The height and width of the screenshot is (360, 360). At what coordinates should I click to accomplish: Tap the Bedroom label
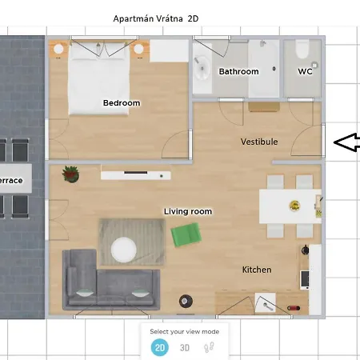tap(122, 103)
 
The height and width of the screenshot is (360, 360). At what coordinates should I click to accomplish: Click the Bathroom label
tap(239, 71)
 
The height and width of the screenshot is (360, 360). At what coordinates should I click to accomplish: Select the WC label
tap(305, 71)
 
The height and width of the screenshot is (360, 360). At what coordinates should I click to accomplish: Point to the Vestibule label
tap(259, 142)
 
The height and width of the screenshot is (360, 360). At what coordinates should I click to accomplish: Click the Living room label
tap(188, 211)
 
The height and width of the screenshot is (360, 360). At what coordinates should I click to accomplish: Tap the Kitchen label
tap(257, 270)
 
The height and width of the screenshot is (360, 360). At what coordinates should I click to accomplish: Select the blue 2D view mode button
tap(160, 347)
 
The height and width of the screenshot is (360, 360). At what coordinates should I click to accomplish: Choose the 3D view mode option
tap(185, 347)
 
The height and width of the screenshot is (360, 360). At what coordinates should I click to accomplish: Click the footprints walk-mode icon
tap(210, 347)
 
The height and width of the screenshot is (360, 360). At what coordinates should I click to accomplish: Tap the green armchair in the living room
tap(186, 234)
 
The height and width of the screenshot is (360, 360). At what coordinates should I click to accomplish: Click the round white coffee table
tap(124, 250)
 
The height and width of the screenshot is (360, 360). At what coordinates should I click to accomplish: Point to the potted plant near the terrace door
tap(70, 172)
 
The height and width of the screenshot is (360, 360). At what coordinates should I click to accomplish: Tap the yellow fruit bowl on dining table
tap(294, 206)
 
